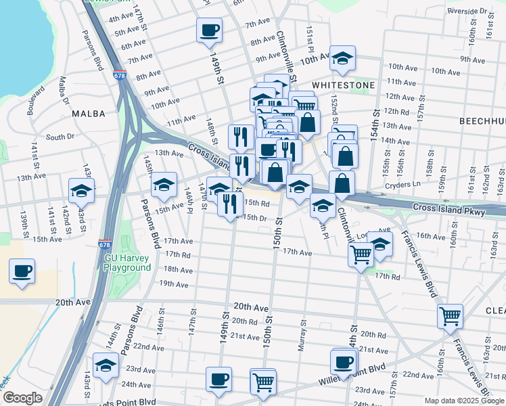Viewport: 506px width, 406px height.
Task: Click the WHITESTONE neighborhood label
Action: [x=343, y=85]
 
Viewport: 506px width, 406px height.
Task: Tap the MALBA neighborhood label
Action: [x=88, y=114]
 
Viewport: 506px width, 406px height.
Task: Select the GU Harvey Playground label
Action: [x=127, y=263]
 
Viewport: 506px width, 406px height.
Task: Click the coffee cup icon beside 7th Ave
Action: [x=209, y=30]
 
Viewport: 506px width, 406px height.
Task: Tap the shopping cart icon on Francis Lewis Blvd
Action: [x=450, y=315]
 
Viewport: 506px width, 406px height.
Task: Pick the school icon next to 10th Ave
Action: [x=343, y=59]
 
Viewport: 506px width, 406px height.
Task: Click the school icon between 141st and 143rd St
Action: [x=81, y=191]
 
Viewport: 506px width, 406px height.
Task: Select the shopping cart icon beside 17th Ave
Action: [x=361, y=254]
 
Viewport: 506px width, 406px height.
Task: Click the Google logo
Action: [x=22, y=398]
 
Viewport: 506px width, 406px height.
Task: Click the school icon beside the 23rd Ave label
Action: [x=106, y=365]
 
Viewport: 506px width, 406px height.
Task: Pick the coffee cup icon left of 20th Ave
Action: [x=22, y=272]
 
